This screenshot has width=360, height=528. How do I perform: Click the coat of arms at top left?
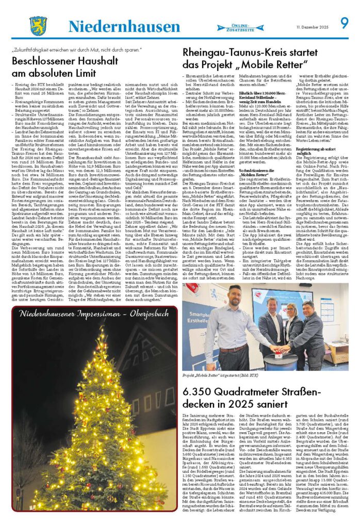click(38, 25)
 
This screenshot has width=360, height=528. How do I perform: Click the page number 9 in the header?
click(344, 24)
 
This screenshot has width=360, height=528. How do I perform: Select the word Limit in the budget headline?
click(84, 73)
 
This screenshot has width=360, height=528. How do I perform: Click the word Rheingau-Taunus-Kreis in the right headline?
click(236, 54)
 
